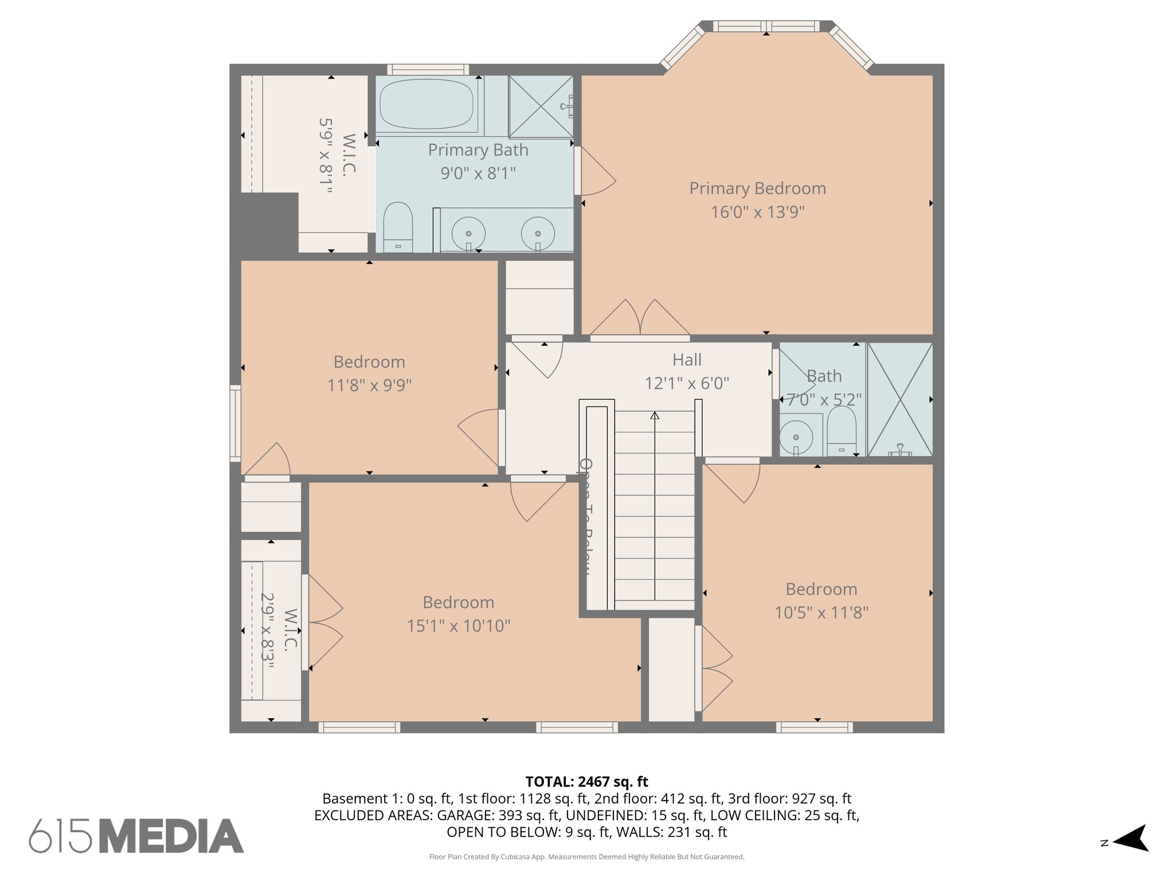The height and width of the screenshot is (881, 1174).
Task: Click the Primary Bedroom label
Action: point(757,188)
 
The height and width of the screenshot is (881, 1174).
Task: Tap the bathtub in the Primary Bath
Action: point(426,104)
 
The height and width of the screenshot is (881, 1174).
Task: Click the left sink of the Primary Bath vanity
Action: point(468,233)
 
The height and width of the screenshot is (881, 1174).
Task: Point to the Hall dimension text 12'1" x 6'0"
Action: point(687,383)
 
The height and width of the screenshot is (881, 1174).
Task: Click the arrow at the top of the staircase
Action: point(655,415)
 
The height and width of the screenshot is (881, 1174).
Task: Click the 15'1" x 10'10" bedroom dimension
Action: point(459,626)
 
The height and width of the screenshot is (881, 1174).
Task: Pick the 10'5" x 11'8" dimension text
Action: point(821,613)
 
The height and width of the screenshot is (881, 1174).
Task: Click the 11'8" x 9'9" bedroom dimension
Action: point(369,385)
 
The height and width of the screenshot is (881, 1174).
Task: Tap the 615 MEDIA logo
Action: point(136,836)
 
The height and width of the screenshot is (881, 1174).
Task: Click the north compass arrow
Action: point(1132,838)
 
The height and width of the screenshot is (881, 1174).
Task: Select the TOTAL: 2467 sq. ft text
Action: point(586,782)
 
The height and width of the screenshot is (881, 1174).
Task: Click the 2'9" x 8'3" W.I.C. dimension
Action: point(268,630)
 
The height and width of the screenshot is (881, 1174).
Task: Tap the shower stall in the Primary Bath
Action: point(541,107)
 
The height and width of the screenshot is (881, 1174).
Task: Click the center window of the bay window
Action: point(766,26)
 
